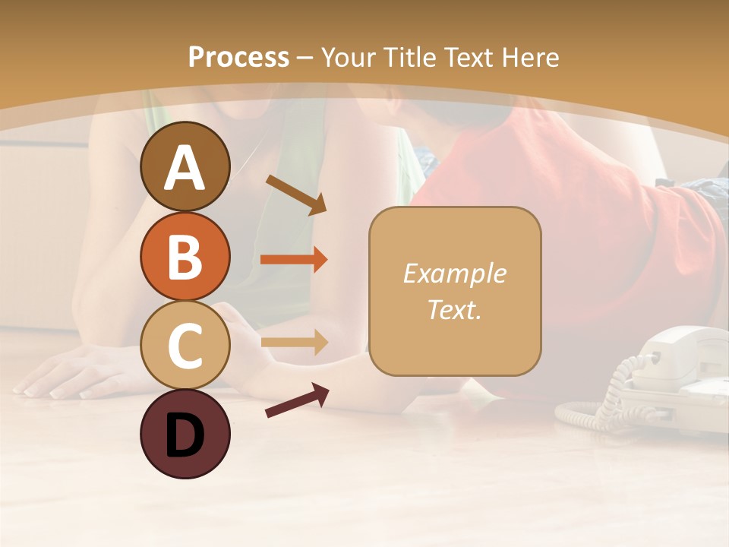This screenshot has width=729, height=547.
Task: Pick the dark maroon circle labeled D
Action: [x=185, y=435]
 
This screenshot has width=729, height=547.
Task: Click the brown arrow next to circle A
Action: [x=296, y=194]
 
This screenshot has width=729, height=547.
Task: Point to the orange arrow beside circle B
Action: [x=294, y=260]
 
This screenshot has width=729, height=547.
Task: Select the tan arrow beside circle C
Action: [x=294, y=342]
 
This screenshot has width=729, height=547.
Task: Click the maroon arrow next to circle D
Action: [x=297, y=400]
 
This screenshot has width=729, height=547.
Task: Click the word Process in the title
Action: [x=238, y=57]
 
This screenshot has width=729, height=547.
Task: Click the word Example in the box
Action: [x=454, y=273]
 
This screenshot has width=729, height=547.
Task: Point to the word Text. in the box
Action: [x=454, y=310]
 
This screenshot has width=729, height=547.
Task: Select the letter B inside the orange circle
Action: [x=185, y=257]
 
